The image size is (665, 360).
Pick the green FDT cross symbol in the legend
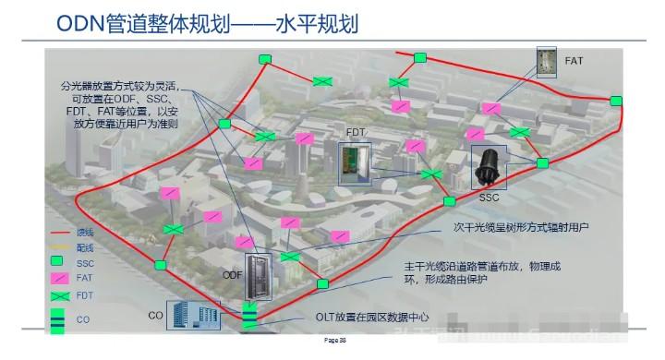[58, 298]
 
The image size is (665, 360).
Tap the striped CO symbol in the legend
[57, 319]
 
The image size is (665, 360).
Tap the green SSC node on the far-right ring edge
[543, 163]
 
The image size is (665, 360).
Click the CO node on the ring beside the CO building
[249, 318]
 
